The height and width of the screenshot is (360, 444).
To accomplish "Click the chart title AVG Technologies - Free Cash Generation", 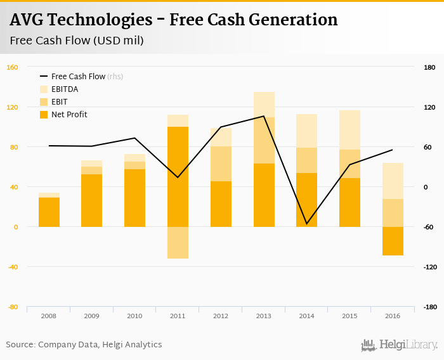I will coord(174,20).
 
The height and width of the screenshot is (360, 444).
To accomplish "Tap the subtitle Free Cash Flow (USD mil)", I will coord(76,41).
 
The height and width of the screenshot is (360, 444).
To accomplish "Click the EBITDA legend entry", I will coord(64,89).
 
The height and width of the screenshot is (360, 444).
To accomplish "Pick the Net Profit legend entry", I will coord(69,115).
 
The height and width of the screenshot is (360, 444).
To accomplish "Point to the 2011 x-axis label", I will coord(177,316).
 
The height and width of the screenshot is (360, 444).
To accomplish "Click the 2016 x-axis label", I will coord(391,316).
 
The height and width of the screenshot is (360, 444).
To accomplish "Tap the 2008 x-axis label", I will coord(48,316).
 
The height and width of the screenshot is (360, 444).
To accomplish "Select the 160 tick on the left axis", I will coord(13,67).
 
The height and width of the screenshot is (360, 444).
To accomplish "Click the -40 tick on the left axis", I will coord(13,267).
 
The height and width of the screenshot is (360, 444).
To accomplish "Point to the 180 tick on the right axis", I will coord(429,67).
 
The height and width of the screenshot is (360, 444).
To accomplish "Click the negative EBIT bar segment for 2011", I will coord(178,243).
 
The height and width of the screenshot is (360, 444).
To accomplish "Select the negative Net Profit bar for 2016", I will coord(393,241).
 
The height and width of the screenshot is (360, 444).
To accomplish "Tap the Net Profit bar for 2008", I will coord(49,212).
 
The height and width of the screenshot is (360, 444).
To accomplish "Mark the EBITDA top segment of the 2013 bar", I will coord(264,105).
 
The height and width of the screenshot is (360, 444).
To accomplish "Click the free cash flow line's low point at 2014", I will coord(306,224).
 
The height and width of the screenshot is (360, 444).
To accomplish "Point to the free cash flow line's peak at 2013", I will coord(263,116).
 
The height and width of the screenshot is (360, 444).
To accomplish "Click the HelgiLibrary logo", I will coord(399,345).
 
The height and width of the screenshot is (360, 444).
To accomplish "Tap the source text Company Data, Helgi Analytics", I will coord(100,345).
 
